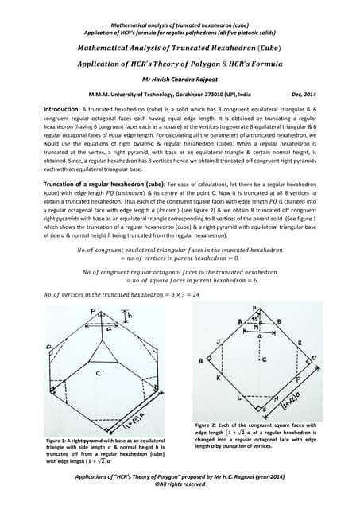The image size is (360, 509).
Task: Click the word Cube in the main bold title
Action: tap(279, 48)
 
